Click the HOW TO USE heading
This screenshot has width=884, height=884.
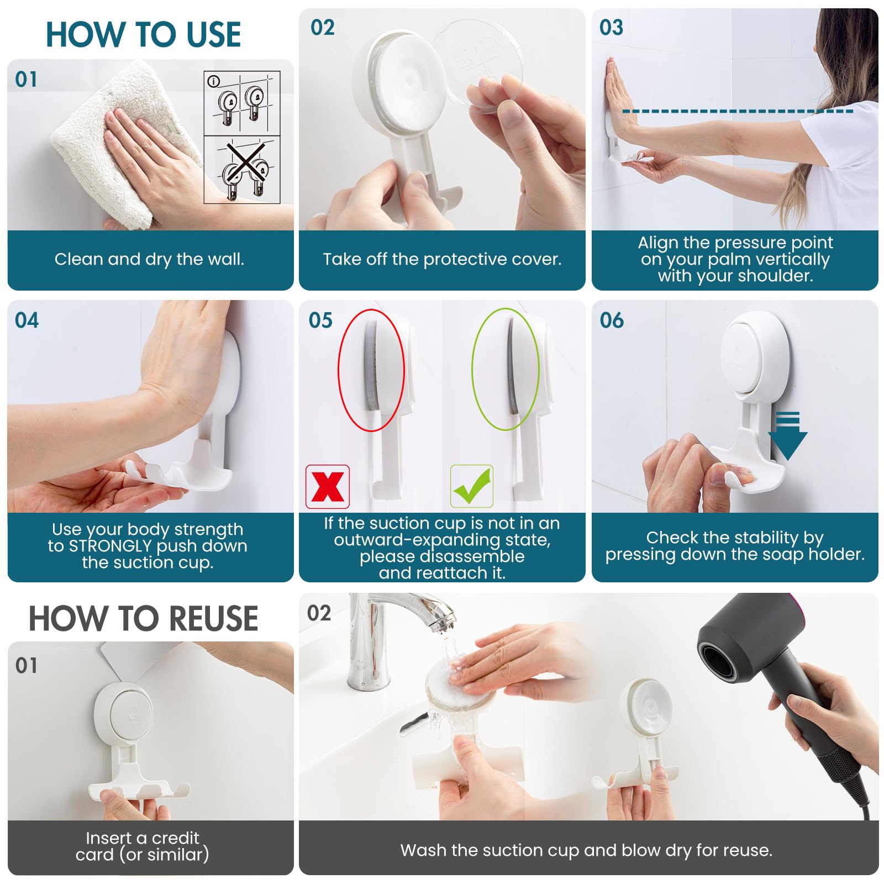[143, 34]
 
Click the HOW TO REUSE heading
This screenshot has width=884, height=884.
[143, 618]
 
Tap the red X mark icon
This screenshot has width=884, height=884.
[328, 487]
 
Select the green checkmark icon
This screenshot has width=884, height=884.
[471, 486]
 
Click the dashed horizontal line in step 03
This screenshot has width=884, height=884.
[738, 111]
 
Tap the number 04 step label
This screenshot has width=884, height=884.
[27, 320]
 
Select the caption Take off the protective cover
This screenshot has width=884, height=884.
[442, 259]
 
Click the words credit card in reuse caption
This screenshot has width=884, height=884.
[142, 846]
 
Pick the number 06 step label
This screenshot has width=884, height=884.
[611, 320]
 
